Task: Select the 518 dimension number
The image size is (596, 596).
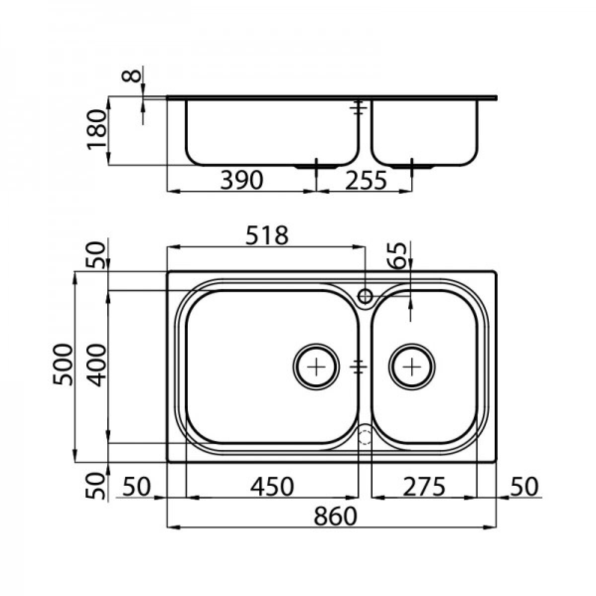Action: coord(267,235)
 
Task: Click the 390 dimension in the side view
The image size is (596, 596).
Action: coord(241,180)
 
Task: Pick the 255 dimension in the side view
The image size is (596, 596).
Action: coord(366,180)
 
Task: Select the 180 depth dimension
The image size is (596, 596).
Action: coord(97,130)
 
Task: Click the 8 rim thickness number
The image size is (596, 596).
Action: coord(131,76)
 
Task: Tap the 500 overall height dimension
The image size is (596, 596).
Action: coord(63,365)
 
